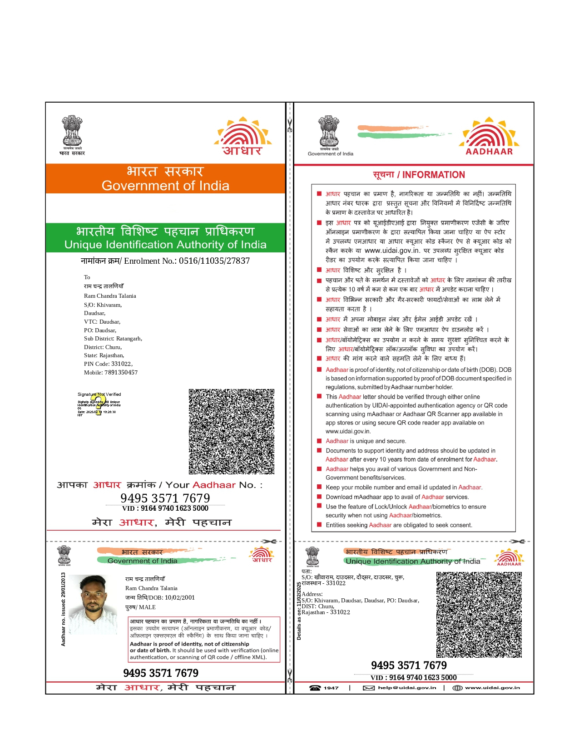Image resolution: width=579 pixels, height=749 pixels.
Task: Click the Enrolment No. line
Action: pos(165,261)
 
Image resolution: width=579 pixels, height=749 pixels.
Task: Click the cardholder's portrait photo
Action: pos(93,604)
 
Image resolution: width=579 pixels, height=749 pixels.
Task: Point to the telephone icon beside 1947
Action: pos(315,688)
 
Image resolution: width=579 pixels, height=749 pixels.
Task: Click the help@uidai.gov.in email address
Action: pos(407,688)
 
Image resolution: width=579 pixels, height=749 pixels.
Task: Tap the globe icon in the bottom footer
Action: pos(457,688)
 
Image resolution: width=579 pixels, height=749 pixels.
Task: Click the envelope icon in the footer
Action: pos(368,688)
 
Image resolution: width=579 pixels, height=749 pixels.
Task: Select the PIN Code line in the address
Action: pos(108,364)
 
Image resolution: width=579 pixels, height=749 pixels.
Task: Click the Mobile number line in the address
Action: pos(111,373)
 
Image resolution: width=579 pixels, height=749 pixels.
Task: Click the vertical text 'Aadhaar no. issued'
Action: pos(63,609)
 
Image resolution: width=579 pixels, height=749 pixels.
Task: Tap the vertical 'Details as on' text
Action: pos(299,611)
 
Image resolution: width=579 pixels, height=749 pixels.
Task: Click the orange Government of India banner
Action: pos(165,178)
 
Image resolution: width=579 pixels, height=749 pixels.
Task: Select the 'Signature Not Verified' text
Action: pos(99,394)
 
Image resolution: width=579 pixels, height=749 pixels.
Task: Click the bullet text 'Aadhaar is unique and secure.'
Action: pos(366,441)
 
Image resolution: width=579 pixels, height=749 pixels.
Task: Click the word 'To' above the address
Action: pos(87,277)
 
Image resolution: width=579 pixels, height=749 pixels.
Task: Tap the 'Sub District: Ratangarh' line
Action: pos(113,339)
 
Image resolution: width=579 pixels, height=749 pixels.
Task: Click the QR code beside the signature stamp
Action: pos(232,431)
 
